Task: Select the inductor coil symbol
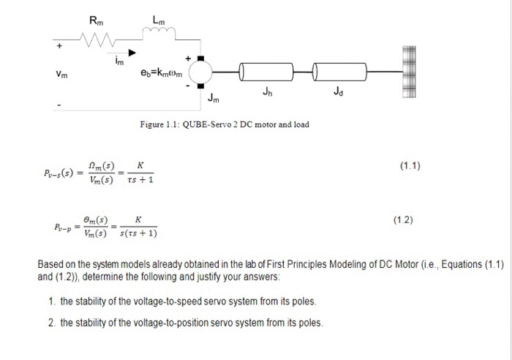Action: [159, 29]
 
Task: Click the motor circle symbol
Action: [201, 72]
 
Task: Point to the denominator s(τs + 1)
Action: [138, 233]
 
